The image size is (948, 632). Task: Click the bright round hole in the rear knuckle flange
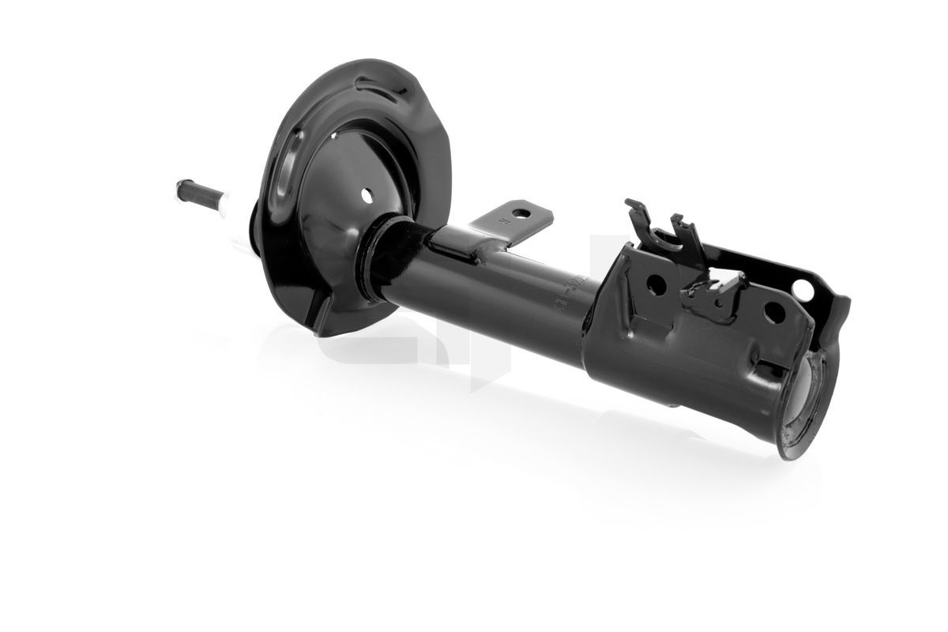click(x=803, y=289)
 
